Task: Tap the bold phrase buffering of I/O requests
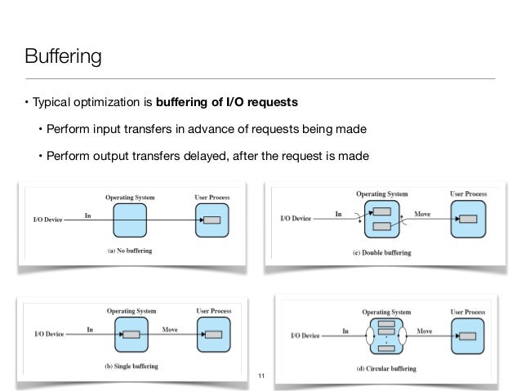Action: (x=233, y=104)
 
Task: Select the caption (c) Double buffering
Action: (x=381, y=253)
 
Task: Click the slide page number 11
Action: (x=261, y=375)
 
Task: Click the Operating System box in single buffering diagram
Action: (x=130, y=335)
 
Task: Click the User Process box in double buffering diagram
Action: (x=468, y=219)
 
